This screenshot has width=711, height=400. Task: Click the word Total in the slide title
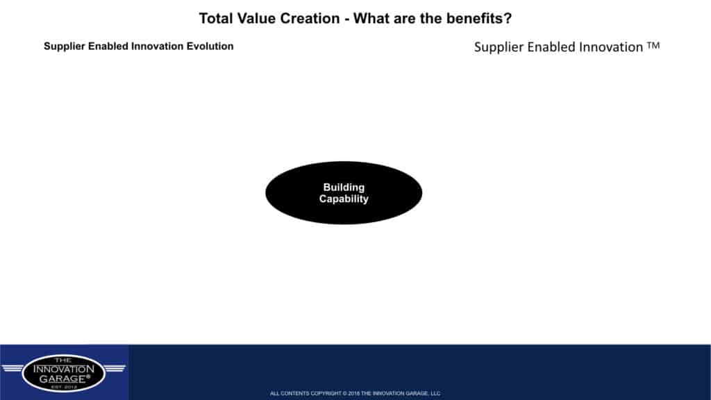coord(216,19)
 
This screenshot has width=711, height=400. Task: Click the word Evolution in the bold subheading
coord(210,47)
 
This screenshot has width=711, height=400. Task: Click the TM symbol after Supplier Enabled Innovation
coord(653,45)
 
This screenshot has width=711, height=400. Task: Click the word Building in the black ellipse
coord(344,187)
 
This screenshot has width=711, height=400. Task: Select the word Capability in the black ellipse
coord(344,199)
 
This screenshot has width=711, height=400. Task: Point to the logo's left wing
coord(12,368)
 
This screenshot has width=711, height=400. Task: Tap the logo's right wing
coord(115,368)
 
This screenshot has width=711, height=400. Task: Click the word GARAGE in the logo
coord(62,378)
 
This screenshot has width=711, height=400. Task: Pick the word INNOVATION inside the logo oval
coord(63,369)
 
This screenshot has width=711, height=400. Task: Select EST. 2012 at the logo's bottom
coord(64,387)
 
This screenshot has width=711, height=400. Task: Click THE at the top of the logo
coord(63,360)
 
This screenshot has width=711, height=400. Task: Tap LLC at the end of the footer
coord(435,394)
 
